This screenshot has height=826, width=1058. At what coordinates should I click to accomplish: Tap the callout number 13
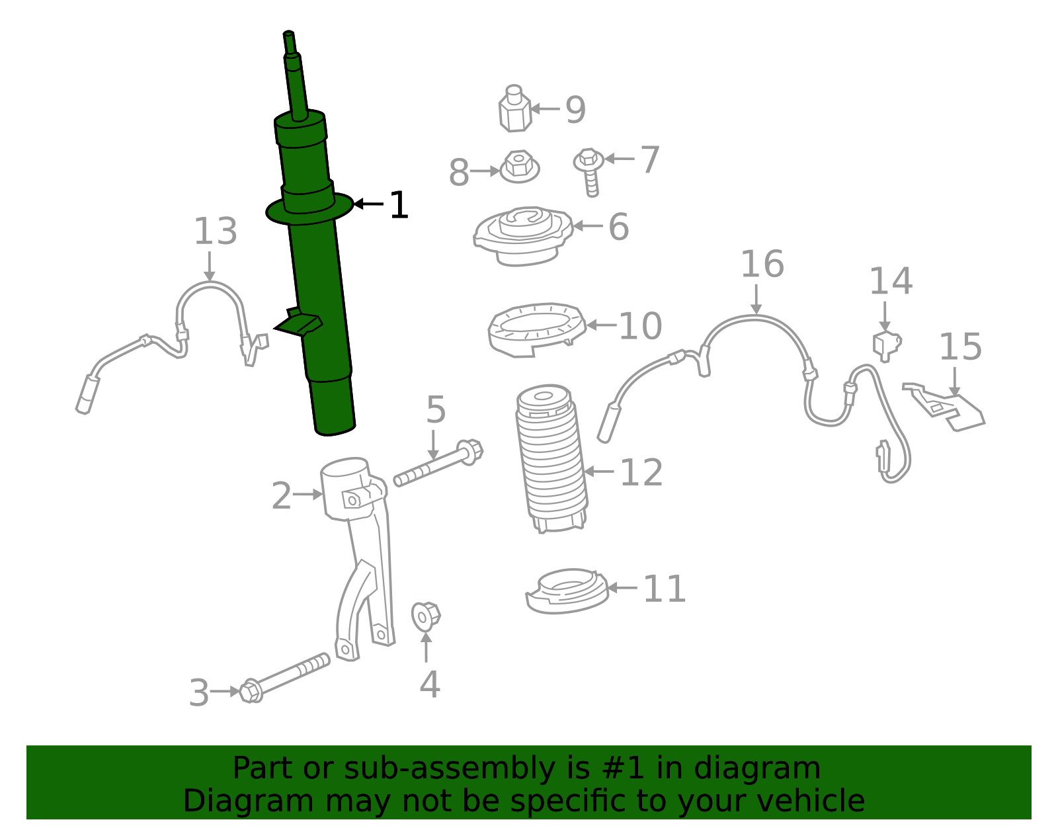215,232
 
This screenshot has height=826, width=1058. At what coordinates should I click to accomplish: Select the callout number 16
762,265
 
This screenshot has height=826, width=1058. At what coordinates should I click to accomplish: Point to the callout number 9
575,110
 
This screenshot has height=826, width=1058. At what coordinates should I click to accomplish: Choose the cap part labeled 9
514,109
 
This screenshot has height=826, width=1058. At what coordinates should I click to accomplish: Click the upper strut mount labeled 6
522,235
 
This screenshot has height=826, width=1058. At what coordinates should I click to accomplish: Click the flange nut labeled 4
425,616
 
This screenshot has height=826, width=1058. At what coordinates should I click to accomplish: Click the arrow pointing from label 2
308,494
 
